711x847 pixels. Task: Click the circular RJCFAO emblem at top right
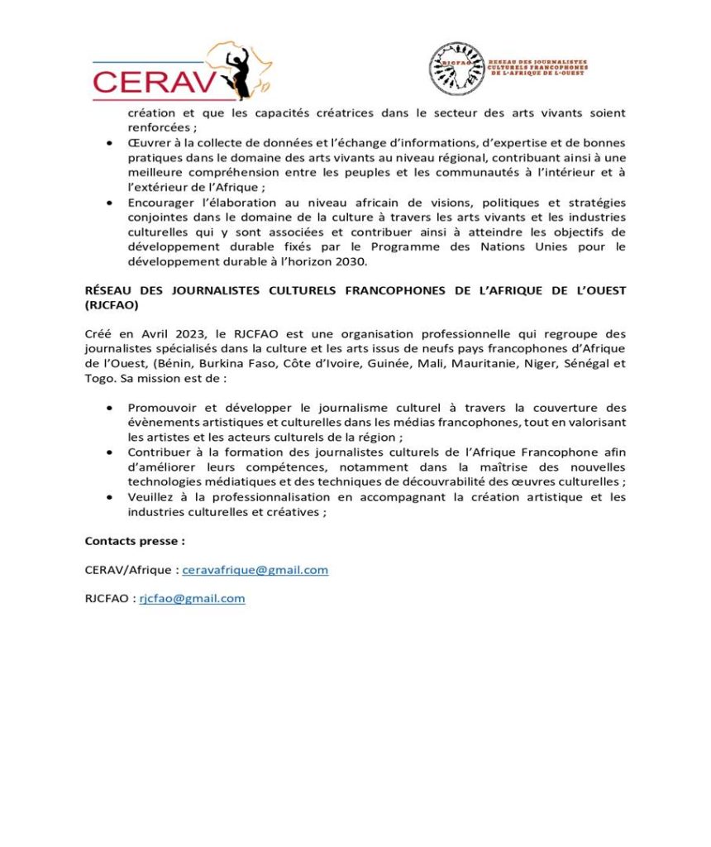pos(456,69)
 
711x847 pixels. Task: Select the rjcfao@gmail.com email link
pos(192,599)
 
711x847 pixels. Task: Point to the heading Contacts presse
pos(135,541)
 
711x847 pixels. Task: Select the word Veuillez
pos(152,497)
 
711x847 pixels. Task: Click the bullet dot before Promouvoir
pos(109,408)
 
